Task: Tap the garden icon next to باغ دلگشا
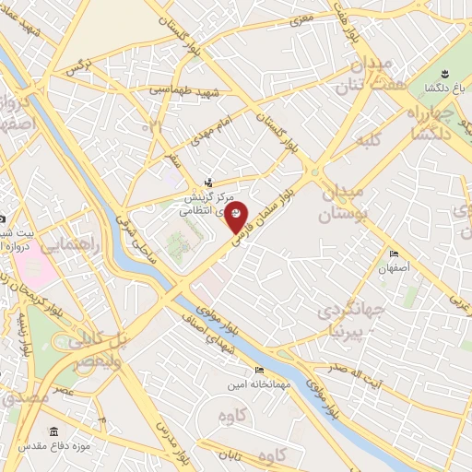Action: click(442, 72)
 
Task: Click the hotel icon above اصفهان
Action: click(395, 254)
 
